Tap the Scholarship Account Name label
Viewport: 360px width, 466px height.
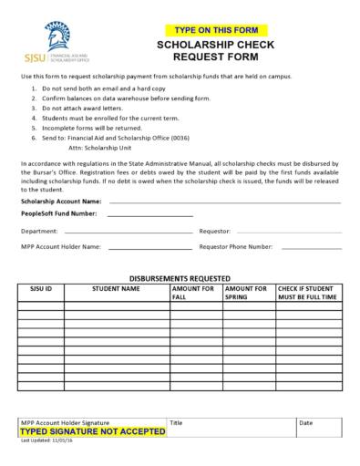61,201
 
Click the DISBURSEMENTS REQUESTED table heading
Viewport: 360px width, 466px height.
180,277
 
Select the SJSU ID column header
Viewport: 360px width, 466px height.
42,288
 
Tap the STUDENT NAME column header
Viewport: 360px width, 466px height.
117,288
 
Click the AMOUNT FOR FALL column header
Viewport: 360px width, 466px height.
193,292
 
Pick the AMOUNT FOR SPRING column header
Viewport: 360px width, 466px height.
245,292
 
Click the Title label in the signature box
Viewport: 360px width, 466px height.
177,423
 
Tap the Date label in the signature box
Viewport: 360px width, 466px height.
306,423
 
